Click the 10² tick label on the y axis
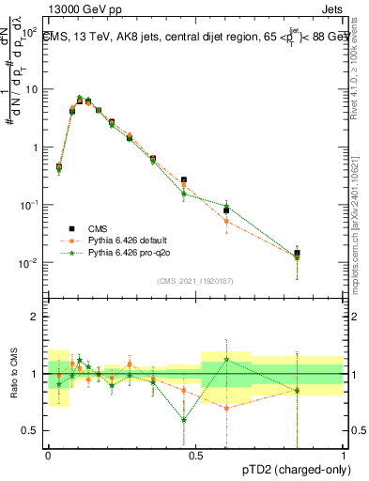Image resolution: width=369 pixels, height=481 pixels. click(x=28, y=31)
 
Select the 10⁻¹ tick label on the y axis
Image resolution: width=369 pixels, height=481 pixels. click(x=28, y=205)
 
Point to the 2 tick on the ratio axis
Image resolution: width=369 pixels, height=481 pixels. click(x=35, y=317)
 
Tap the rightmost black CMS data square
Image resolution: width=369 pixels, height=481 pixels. click(x=298, y=253)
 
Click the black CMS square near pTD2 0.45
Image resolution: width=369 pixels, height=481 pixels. click(x=184, y=179)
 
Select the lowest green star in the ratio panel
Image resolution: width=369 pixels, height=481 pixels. click(x=184, y=420)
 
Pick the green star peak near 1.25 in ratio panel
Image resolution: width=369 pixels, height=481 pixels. click(x=226, y=359)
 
